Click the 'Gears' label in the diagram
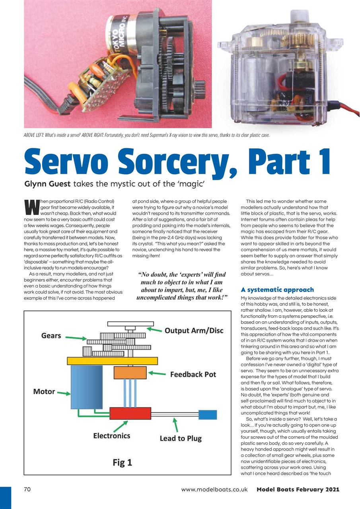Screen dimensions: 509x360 (51, 336)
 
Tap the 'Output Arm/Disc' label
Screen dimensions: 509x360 (194, 331)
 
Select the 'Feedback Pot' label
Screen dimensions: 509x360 (193, 374)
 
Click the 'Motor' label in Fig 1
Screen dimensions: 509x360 (44, 392)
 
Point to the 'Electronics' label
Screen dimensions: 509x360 (112, 436)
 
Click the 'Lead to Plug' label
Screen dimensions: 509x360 (181, 438)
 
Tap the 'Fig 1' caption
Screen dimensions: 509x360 (122, 462)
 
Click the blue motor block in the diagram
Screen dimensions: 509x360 (82, 387)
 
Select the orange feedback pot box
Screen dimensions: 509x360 (130, 373)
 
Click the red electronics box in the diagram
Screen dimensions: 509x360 (130, 414)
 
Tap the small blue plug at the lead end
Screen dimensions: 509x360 (207, 414)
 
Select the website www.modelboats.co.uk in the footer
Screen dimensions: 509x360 (214, 490)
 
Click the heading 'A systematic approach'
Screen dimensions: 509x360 (277, 289)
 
